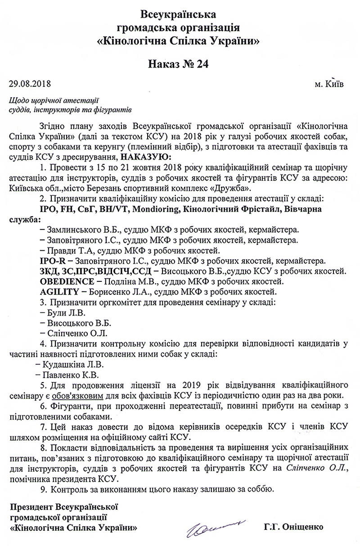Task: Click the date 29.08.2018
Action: point(30,84)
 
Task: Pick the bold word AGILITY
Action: point(58,291)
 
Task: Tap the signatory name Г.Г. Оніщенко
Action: point(292,526)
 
